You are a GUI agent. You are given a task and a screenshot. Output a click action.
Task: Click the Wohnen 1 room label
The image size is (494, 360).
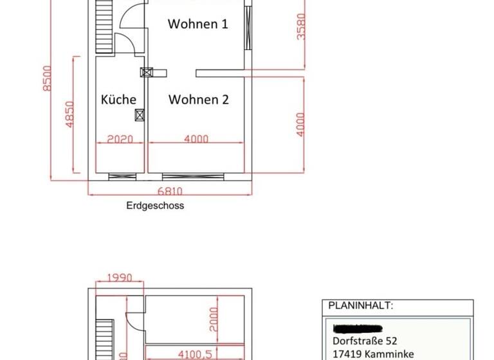pyautogui.click(x=197, y=24)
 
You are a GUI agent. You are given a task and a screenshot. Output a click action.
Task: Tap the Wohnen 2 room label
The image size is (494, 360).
pyautogui.click(x=199, y=100)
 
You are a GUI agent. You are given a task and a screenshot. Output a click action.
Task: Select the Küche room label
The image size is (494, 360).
pyautogui.click(x=119, y=100)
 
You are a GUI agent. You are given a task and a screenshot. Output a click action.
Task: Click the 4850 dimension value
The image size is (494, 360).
pyautogui.click(x=70, y=113)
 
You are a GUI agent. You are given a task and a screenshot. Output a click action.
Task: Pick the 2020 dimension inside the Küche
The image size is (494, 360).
pyautogui.click(x=120, y=139)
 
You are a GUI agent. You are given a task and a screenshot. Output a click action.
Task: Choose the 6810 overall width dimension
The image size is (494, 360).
pyautogui.click(x=170, y=191)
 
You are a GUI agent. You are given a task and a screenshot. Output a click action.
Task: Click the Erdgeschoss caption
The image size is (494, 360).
pyautogui.click(x=155, y=206)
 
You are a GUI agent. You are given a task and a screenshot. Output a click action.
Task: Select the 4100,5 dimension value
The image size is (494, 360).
pyautogui.click(x=194, y=354)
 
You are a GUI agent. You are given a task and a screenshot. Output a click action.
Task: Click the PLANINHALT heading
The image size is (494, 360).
pyautogui.click(x=360, y=305)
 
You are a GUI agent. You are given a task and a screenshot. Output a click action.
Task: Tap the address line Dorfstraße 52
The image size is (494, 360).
pyautogui.click(x=365, y=341)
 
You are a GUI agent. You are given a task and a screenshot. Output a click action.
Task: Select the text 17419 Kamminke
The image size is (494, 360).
pyautogui.click(x=373, y=354)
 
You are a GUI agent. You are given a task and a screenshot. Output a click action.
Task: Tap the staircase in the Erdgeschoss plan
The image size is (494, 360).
pyautogui.click(x=103, y=26)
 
